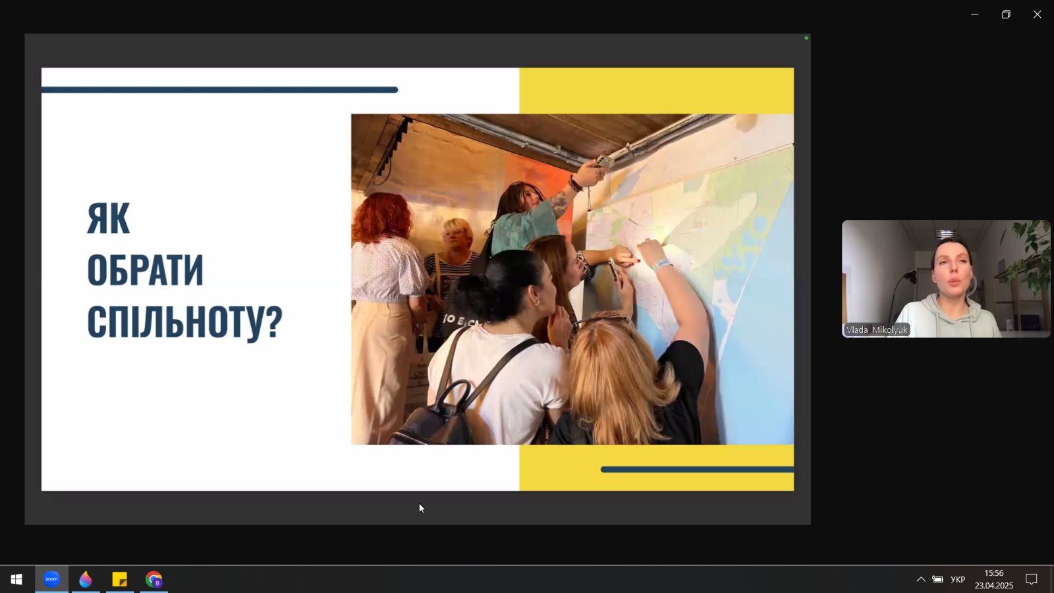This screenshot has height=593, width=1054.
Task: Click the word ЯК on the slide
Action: (108, 218)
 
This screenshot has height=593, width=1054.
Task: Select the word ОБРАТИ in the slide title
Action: (145, 270)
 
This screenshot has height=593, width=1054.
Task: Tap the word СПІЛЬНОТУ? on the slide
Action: (184, 322)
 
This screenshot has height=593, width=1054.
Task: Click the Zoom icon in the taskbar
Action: (52, 579)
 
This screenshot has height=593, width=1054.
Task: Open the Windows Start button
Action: (16, 579)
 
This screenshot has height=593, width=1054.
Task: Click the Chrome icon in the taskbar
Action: (154, 579)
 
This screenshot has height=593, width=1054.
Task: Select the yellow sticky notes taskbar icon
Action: (119, 579)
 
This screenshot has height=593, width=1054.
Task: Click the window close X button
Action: (1037, 14)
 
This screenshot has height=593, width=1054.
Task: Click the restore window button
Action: (1006, 14)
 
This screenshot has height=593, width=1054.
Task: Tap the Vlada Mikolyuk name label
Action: (877, 330)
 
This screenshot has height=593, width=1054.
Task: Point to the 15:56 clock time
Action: (994, 573)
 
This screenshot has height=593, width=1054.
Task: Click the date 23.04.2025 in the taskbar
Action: (994, 586)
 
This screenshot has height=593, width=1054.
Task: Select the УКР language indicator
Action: (958, 579)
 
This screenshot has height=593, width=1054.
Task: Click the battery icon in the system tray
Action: (937, 579)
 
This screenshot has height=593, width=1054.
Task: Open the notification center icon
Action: (1031, 579)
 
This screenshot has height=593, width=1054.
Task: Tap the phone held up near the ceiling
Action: (603, 162)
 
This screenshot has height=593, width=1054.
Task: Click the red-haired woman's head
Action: (382, 217)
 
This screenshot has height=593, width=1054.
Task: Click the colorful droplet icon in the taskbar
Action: (86, 579)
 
